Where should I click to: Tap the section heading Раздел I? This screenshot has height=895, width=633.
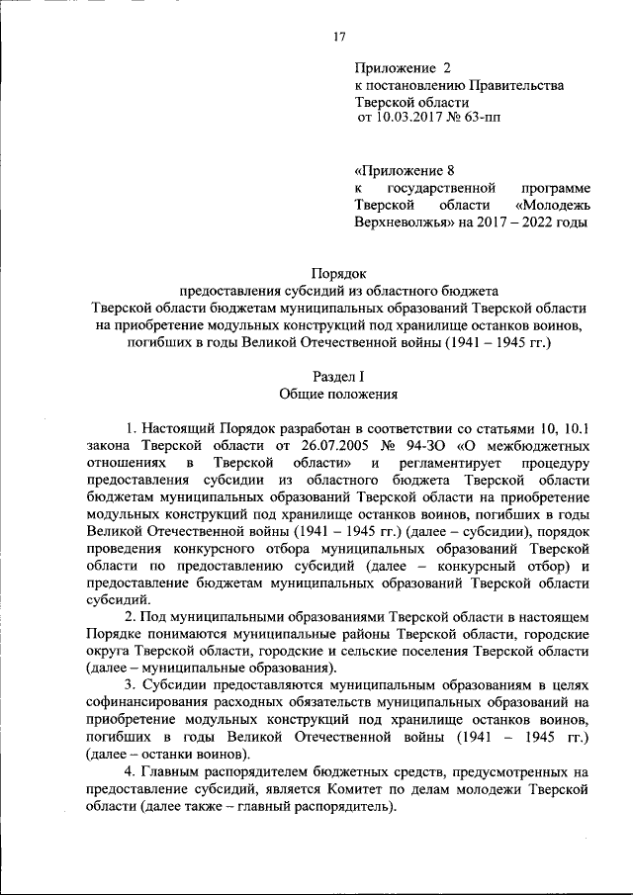[x=338, y=376]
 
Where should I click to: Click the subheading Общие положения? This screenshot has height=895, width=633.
[x=338, y=394]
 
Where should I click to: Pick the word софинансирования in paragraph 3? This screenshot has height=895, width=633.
[x=151, y=702]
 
